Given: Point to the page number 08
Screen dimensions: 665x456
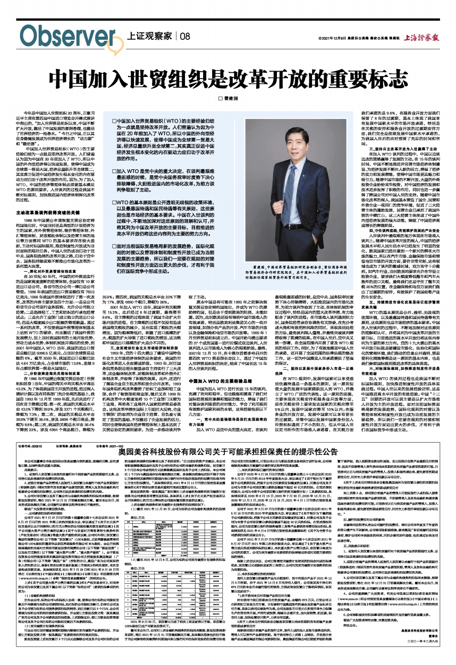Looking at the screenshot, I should (184, 36).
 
